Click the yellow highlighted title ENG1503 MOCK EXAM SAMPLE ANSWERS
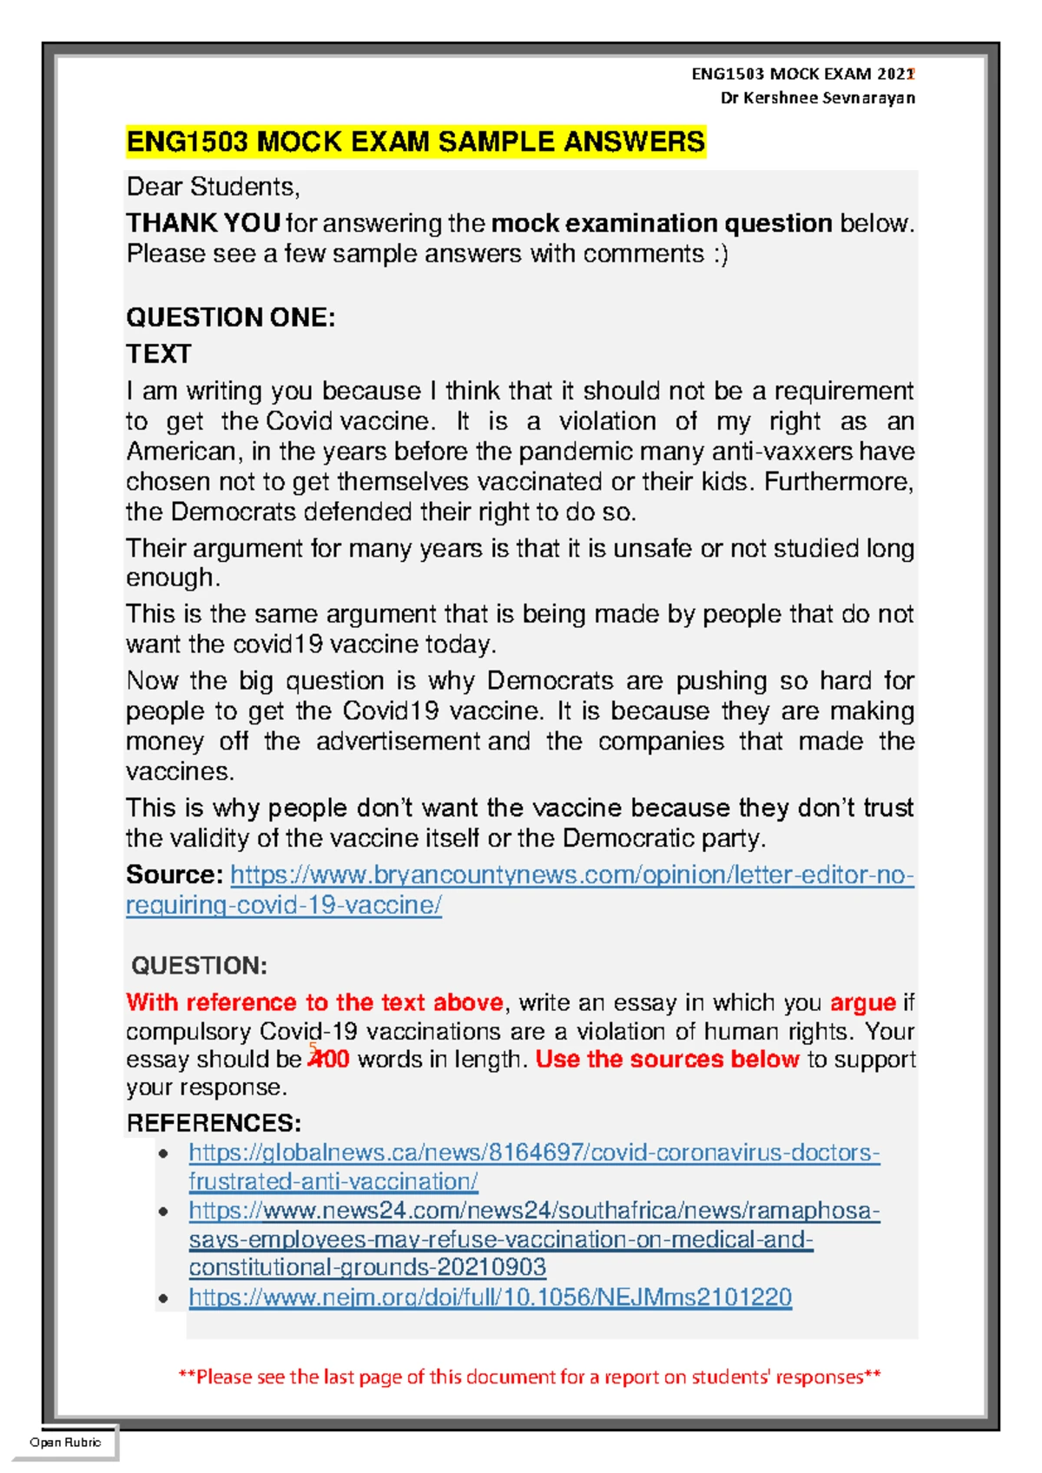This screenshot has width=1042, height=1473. click(x=415, y=142)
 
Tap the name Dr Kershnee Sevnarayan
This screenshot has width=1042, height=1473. click(x=817, y=98)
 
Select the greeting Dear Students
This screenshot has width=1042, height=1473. click(x=213, y=187)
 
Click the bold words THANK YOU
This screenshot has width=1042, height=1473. click(x=203, y=223)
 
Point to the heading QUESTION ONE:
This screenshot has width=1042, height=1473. click(x=230, y=317)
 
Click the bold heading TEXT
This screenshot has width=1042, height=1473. click(x=158, y=353)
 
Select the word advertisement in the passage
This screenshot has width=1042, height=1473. click(x=397, y=742)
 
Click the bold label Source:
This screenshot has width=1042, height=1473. click(x=175, y=875)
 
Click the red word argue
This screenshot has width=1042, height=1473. click(x=862, y=1002)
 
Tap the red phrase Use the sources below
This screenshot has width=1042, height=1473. click(x=666, y=1060)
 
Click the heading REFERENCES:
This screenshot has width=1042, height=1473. click(x=214, y=1123)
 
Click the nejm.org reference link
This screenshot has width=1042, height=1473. click(x=490, y=1298)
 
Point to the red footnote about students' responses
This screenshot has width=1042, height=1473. click(x=529, y=1377)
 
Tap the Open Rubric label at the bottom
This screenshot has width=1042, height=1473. click(x=65, y=1443)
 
